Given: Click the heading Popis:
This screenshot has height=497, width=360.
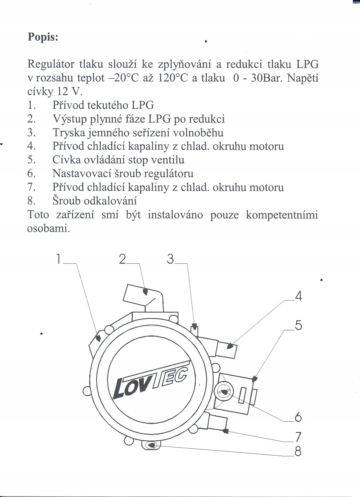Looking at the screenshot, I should pyautogui.click(x=43, y=37).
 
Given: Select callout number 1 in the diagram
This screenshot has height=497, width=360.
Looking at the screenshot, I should pyautogui.click(x=58, y=259).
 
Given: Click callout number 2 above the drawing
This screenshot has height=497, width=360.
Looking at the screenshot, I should pyautogui.click(x=123, y=259).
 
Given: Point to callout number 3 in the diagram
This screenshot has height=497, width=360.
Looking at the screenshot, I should pyautogui.click(x=170, y=259).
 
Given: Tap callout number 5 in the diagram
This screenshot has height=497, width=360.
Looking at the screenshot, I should pyautogui.click(x=298, y=326).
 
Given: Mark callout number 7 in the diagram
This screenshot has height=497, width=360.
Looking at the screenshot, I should pyautogui.click(x=298, y=437).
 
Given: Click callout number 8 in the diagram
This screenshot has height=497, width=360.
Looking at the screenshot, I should pyautogui.click(x=298, y=452).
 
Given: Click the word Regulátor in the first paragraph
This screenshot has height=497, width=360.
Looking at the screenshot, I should pyautogui.click(x=51, y=64).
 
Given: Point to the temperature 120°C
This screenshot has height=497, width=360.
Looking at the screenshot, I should pyautogui.click(x=173, y=78).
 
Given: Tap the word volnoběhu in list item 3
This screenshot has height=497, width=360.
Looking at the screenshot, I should pyautogui.click(x=198, y=133).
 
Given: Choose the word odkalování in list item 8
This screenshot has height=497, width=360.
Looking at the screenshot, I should pyautogui.click(x=110, y=201).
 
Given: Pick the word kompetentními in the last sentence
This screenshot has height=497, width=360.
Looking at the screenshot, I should pyautogui.click(x=282, y=215).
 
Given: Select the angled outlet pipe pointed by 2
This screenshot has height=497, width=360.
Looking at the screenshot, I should pyautogui.click(x=143, y=295).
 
